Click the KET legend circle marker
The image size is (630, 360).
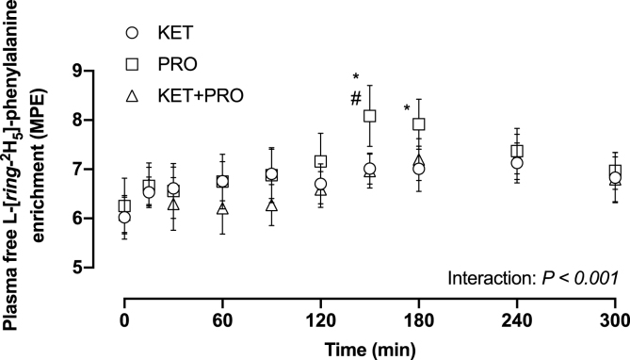(x=133, y=33)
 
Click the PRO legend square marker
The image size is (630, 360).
(x=133, y=65)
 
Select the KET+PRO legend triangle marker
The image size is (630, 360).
(x=133, y=96)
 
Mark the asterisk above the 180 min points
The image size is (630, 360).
(x=407, y=109)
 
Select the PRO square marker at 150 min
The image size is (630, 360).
(x=370, y=116)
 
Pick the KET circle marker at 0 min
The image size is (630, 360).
(x=124, y=218)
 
